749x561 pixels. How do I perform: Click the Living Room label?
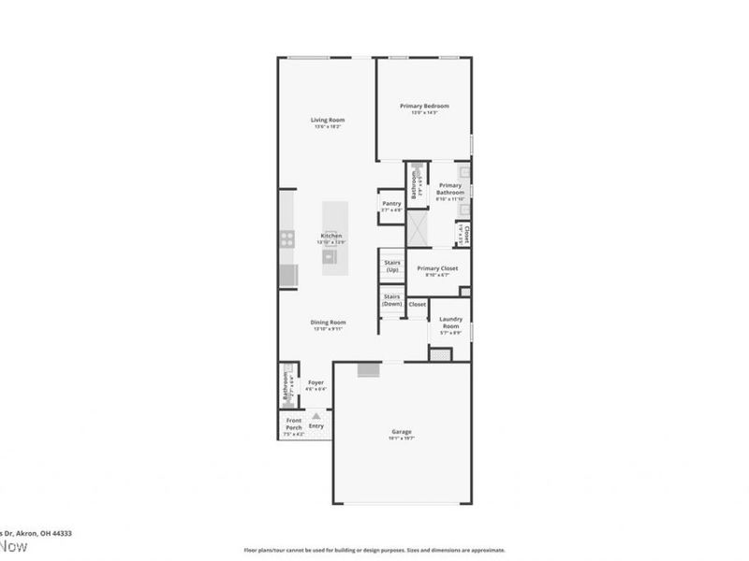coord(329,120)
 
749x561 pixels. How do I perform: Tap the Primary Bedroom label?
coord(424,106)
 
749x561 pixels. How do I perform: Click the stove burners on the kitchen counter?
coord(287,239)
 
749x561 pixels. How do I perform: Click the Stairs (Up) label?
coord(391,266)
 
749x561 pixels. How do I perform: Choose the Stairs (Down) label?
coord(391,299)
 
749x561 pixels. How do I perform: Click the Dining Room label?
coord(328,323)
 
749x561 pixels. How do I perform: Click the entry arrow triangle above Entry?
coord(316,415)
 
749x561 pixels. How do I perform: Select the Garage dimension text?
coord(402,438)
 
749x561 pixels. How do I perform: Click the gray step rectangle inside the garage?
coord(370,371)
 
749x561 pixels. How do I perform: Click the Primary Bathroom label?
coord(450,190)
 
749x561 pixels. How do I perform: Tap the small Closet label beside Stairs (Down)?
coord(418,304)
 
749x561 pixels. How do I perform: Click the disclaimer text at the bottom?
coord(374,551)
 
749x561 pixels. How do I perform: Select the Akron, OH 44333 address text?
coord(42,533)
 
